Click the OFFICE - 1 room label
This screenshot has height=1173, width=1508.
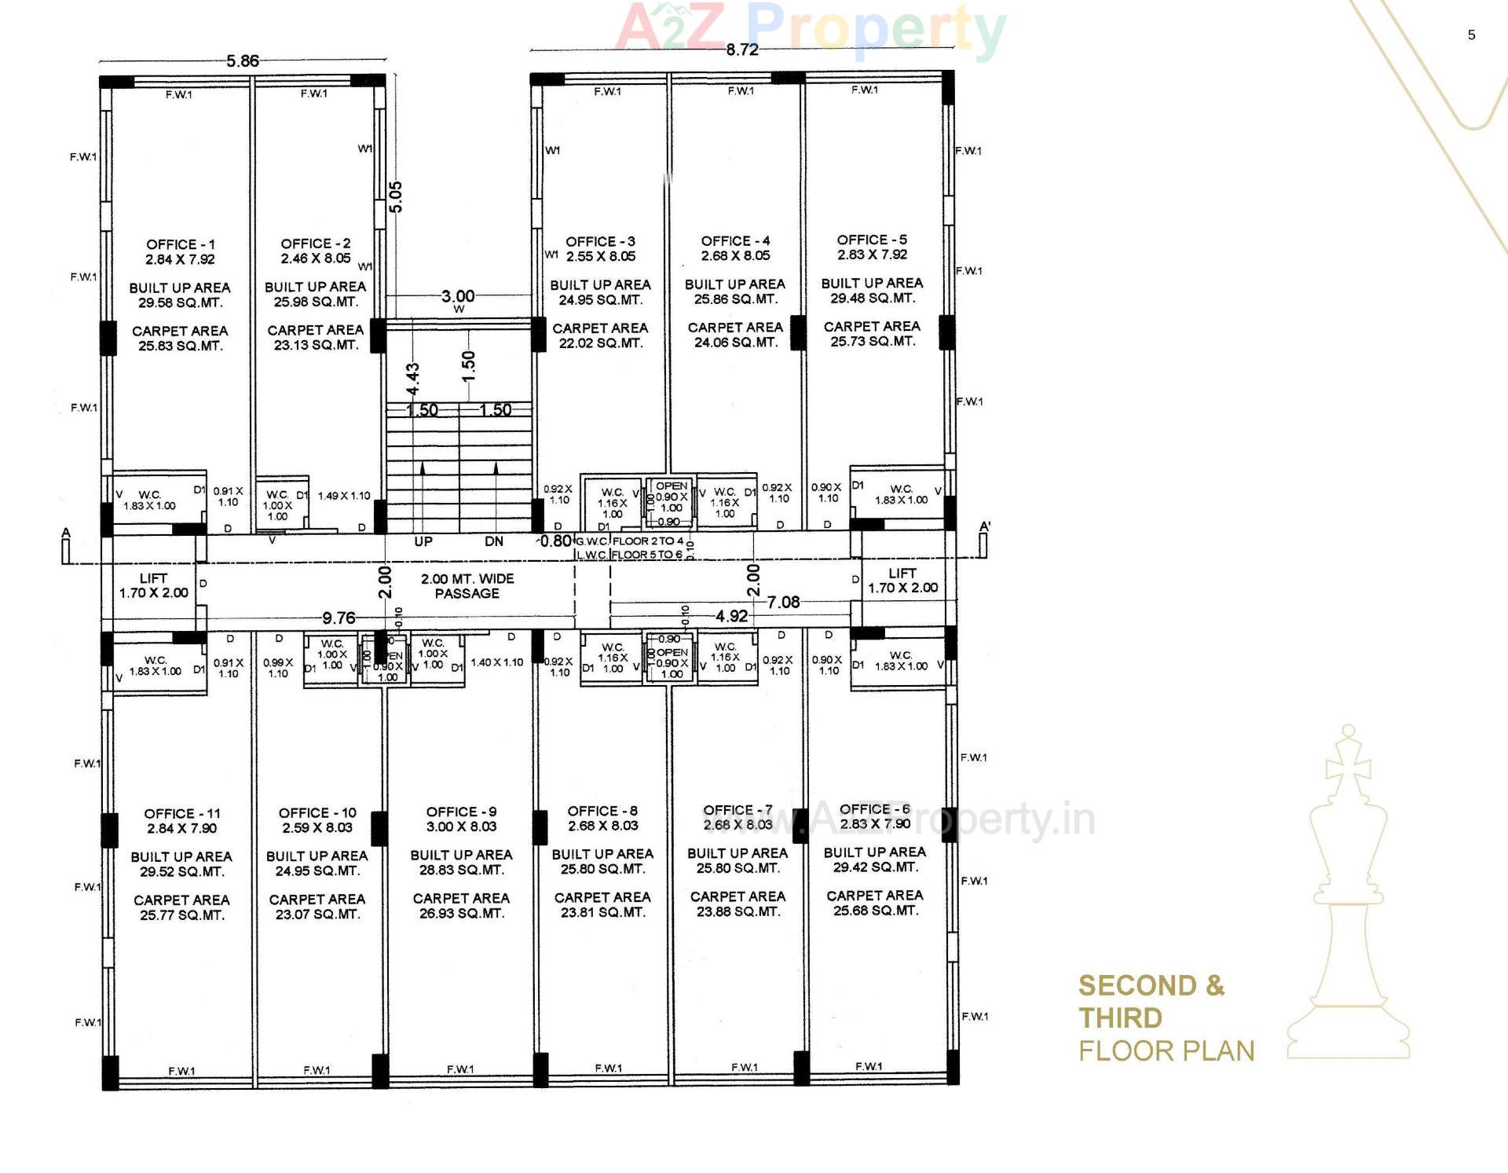pyautogui.click(x=180, y=245)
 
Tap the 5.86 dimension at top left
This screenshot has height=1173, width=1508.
pyautogui.click(x=242, y=61)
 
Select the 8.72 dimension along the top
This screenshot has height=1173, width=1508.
pyautogui.click(x=741, y=50)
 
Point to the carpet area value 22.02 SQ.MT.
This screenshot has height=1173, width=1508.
pyautogui.click(x=600, y=343)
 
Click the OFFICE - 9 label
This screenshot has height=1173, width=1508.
pyautogui.click(x=461, y=812)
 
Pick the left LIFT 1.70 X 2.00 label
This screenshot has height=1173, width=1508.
pyautogui.click(x=153, y=585)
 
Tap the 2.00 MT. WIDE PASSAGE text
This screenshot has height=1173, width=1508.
pyautogui.click(x=467, y=586)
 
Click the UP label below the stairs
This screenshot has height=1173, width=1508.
pyautogui.click(x=423, y=541)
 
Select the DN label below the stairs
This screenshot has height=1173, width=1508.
pyautogui.click(x=494, y=541)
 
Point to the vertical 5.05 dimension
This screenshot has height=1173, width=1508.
pyautogui.click(x=396, y=196)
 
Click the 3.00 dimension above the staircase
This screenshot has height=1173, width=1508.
pyautogui.click(x=458, y=296)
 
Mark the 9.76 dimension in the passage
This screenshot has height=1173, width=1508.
pyautogui.click(x=339, y=618)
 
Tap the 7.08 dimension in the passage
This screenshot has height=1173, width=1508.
pyautogui.click(x=783, y=603)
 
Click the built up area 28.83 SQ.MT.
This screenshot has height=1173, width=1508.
pyautogui.click(x=461, y=870)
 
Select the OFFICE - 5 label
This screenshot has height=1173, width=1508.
pyautogui.click(x=872, y=240)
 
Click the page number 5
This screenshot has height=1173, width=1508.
pyautogui.click(x=1471, y=35)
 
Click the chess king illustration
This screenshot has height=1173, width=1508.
pyautogui.click(x=1348, y=896)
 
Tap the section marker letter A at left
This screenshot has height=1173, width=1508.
pyautogui.click(x=66, y=533)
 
